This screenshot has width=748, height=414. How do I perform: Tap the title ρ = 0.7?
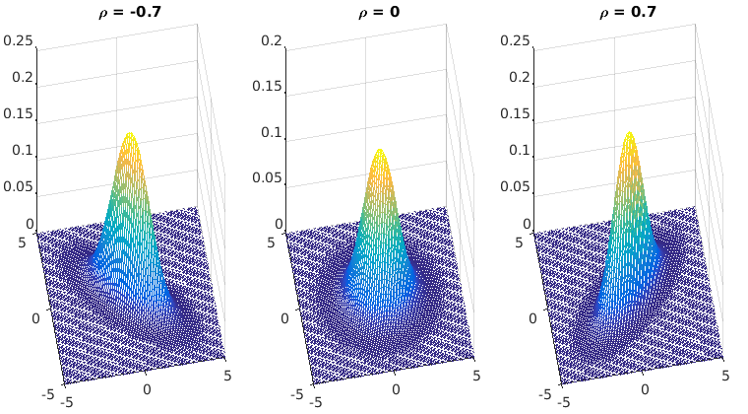pos(629,14)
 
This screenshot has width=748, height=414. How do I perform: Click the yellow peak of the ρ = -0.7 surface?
pos(129,135)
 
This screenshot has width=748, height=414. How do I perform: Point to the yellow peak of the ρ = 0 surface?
pos(380,152)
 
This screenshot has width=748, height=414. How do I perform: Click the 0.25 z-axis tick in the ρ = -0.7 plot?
pos(20,41)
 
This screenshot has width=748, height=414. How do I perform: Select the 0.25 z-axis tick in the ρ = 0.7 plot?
pos(519,41)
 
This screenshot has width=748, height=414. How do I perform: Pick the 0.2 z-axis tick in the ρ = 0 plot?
pos(273,41)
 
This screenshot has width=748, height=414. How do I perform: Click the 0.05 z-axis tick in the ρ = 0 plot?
pos(265,178)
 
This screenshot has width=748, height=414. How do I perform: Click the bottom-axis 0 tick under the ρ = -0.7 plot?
pos(147,389)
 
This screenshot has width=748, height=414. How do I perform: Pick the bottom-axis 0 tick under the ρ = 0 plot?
pos(397,389)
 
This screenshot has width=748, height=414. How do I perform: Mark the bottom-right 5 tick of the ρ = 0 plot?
pos(477,376)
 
